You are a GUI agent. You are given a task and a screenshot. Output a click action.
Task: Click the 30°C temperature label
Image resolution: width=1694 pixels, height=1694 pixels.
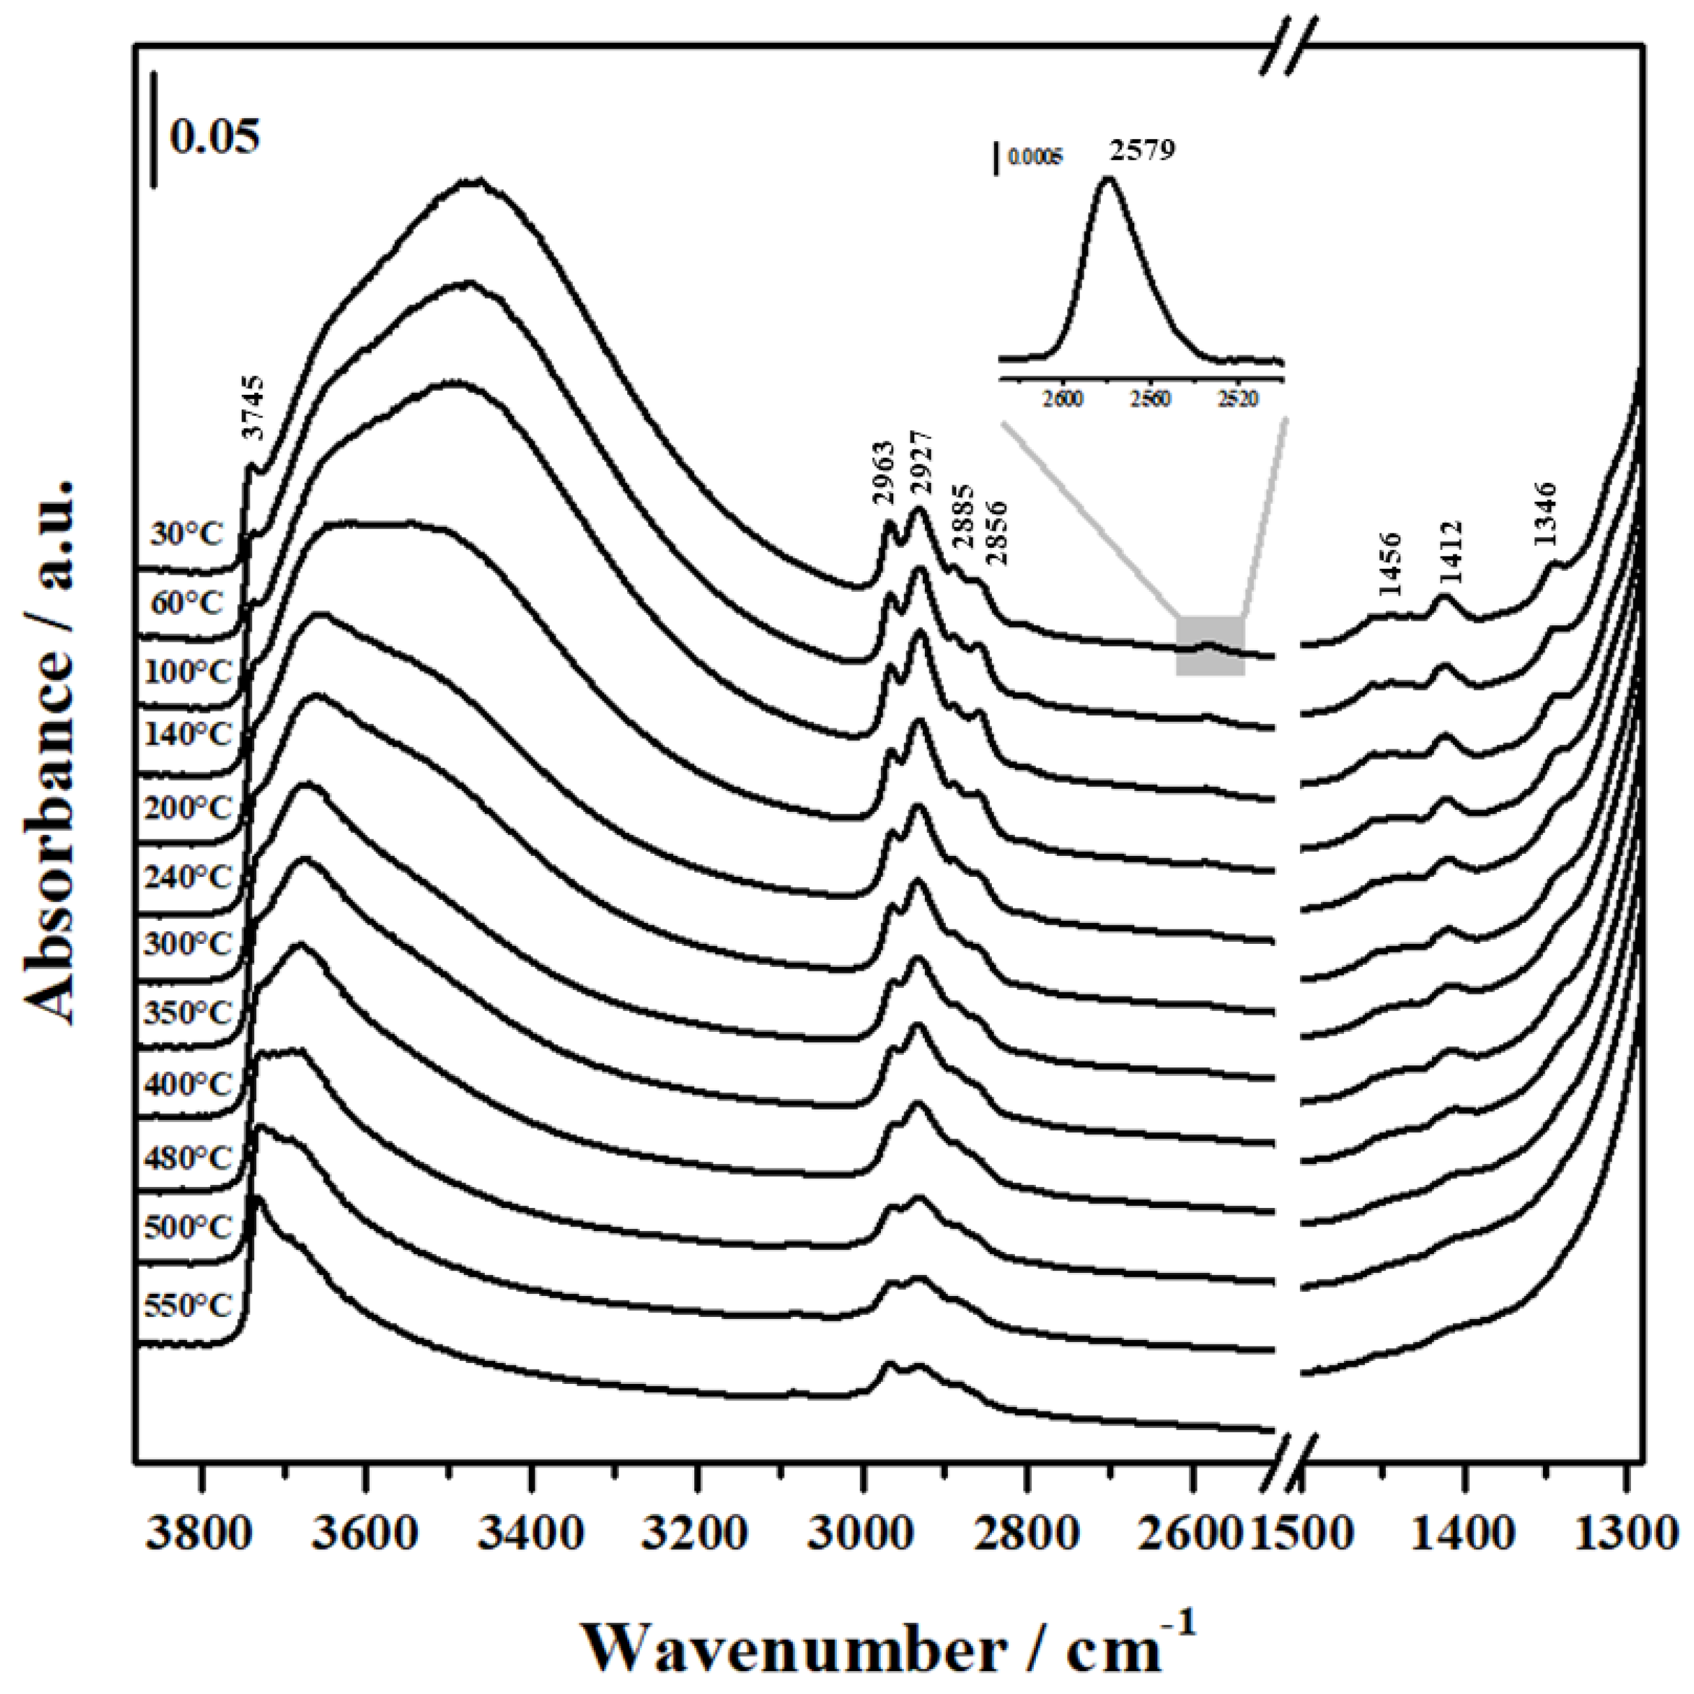188,534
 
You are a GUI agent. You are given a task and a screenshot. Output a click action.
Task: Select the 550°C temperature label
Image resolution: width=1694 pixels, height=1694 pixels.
188,1306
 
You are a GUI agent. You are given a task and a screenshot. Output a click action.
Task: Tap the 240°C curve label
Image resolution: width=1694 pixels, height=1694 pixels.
188,876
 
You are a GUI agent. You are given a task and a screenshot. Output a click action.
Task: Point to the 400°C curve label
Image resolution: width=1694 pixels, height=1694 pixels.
188,1084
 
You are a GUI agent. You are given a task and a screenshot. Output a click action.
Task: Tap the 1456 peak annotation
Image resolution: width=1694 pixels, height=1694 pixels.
1390,562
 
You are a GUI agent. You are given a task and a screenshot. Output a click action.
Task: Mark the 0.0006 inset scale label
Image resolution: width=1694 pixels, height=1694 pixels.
1035,158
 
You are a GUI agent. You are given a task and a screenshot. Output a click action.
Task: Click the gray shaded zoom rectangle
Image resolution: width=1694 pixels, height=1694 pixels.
1210,646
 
